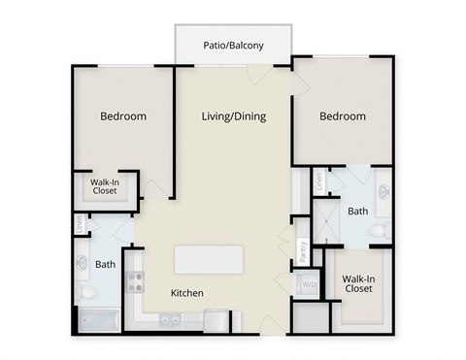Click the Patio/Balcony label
tap(232, 44)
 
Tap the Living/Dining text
tap(233, 116)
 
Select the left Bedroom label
tap(123, 116)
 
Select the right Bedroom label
tap(343, 116)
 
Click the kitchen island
tap(209, 260)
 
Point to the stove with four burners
tap(135, 282)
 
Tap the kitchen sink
tap(171, 319)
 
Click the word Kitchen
tap(187, 293)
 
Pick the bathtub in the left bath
tap(97, 318)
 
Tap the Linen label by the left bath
tap(80, 223)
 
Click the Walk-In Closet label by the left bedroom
tap(105, 186)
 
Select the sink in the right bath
tap(383, 191)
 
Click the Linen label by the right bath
tap(318, 181)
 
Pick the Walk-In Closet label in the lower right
tap(358, 283)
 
